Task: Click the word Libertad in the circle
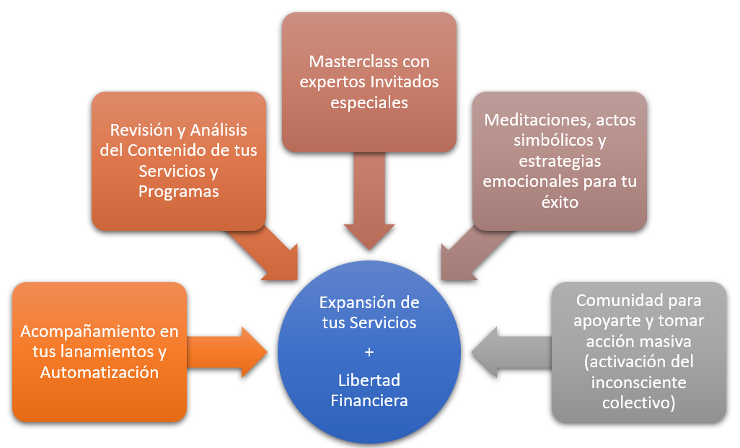click(369, 380)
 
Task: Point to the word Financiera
click(369, 400)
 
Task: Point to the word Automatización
click(100, 372)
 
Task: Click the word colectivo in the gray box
click(638, 402)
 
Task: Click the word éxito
click(560, 202)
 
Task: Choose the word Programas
click(179, 192)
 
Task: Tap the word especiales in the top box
click(369, 102)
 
